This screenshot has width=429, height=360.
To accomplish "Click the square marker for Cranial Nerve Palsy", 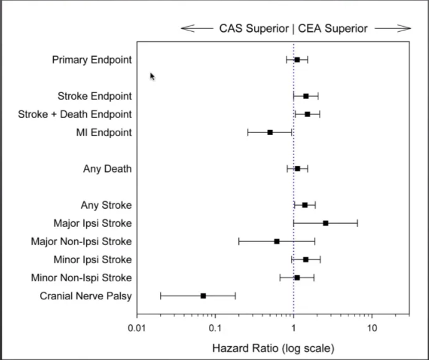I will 203,296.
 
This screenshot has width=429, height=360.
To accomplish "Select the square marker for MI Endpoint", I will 270,132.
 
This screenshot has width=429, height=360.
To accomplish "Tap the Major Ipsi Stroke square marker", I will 326,223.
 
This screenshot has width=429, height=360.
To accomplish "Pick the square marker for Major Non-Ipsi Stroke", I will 277,241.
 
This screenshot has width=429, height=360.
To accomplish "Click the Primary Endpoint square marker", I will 297,60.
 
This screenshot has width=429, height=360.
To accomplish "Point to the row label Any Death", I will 107,169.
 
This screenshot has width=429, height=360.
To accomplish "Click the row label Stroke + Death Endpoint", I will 74,114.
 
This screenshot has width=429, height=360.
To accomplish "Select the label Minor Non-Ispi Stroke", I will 81,277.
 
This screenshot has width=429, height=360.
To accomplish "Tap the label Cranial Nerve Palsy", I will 86,296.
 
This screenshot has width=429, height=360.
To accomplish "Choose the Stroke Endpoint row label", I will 94,96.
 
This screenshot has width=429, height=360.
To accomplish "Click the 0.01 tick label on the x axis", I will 137,328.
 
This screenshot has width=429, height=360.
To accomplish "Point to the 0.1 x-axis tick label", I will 215,328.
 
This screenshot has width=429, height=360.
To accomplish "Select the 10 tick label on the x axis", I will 371,328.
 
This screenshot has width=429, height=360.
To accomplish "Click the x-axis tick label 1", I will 293,328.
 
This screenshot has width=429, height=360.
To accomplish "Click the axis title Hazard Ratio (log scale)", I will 273,347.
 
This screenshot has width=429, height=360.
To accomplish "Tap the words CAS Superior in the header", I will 253,28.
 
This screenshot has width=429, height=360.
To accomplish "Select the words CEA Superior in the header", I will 332,28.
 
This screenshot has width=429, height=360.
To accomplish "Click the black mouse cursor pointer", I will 152,76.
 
